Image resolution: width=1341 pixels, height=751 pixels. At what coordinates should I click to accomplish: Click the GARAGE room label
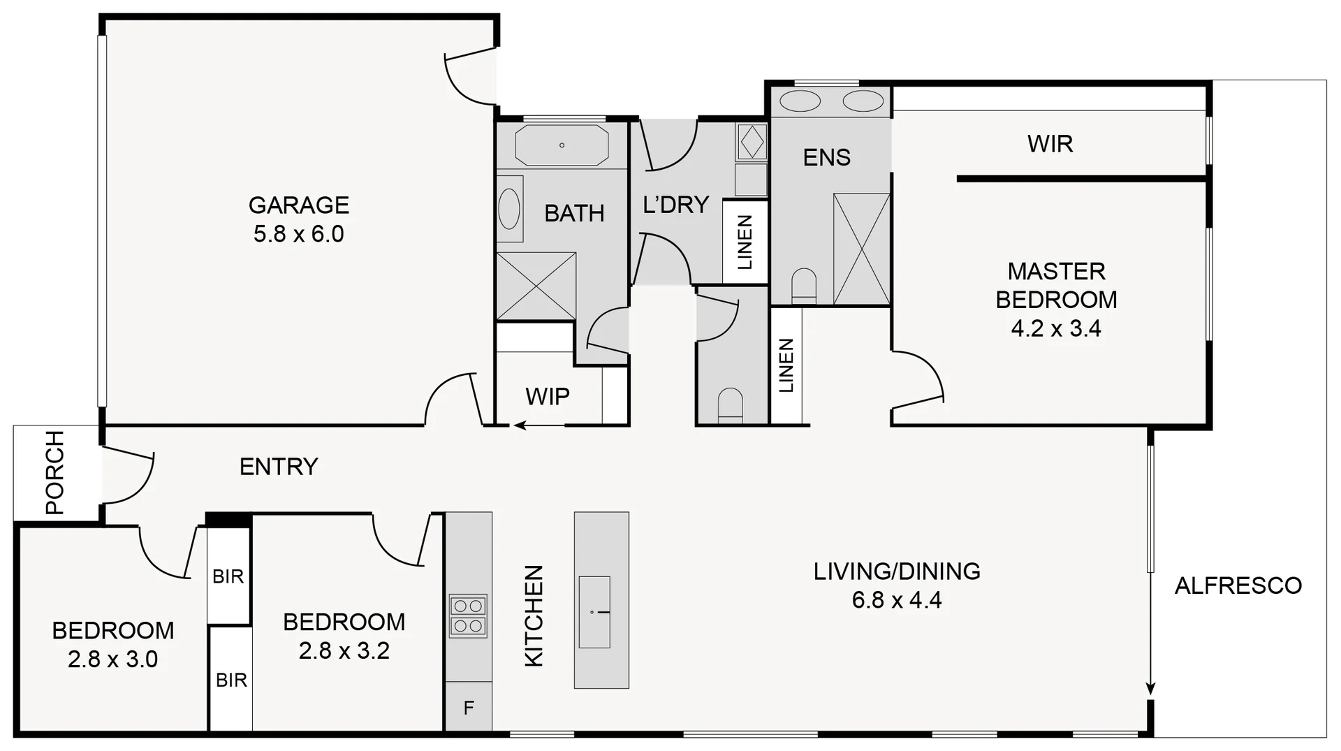[x=298, y=205]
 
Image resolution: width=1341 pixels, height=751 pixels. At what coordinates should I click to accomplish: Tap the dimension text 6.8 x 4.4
[x=897, y=600]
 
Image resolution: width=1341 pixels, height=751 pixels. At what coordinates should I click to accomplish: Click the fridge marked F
[x=469, y=708]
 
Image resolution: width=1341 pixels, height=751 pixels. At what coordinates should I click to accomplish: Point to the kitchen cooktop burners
[x=468, y=615]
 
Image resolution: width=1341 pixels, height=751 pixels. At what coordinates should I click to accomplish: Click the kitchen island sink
[x=594, y=612]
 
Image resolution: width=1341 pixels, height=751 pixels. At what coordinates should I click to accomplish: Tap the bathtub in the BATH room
[x=562, y=145]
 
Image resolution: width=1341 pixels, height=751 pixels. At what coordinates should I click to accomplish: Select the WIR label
[x=1050, y=144]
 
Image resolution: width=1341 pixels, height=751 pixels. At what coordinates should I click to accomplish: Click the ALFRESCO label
[x=1238, y=585]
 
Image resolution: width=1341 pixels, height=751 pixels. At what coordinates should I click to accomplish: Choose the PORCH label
[x=54, y=472]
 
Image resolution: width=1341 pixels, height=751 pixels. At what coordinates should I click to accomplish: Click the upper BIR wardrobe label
[x=228, y=576]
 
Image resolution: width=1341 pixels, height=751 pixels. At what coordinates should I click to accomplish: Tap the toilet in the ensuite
[x=804, y=286]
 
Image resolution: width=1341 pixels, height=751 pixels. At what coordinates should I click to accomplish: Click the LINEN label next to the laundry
[x=745, y=242]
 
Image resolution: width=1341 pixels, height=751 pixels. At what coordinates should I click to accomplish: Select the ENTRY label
[x=279, y=466]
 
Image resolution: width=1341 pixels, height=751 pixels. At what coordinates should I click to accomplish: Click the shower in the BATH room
[x=536, y=286]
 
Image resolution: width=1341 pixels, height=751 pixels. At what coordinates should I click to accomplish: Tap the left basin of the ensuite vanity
[x=800, y=101]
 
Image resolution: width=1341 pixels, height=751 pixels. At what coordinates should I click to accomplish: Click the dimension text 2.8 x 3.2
[x=344, y=651]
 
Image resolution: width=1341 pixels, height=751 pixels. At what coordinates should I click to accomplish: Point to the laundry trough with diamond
[x=752, y=142]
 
